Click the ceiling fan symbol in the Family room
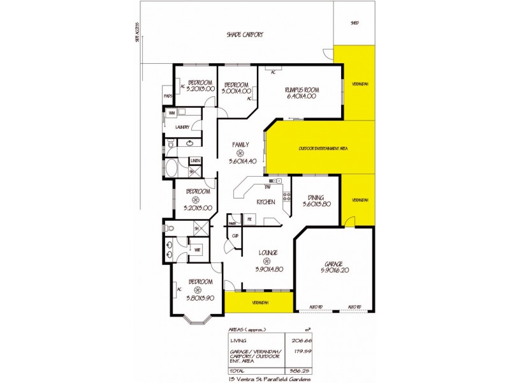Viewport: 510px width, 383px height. coord(240,153)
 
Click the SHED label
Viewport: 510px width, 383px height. coord(354,23)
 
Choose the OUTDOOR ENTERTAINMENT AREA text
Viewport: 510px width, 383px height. coord(323,149)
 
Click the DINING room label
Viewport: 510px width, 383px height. coord(316,197)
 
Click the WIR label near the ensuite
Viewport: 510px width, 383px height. coord(197,249)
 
